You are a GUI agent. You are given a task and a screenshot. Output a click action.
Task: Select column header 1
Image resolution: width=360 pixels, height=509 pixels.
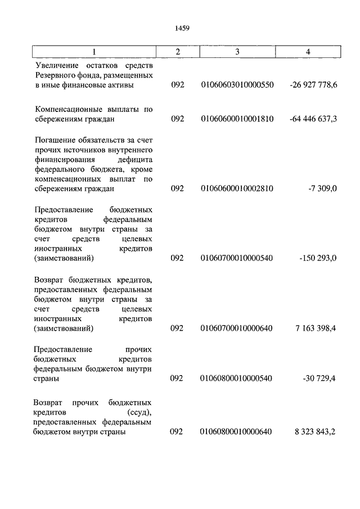pyautogui.click(x=94, y=52)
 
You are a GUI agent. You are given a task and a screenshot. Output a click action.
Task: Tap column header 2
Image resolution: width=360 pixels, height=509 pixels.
pyautogui.click(x=177, y=52)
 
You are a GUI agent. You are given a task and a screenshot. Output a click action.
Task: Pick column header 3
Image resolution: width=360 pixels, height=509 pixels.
pyautogui.click(x=237, y=52)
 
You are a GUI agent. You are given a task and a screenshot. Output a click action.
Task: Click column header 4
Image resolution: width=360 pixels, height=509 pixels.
pyautogui.click(x=308, y=52)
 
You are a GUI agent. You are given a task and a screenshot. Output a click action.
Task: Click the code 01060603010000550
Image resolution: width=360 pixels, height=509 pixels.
pyautogui.click(x=237, y=85)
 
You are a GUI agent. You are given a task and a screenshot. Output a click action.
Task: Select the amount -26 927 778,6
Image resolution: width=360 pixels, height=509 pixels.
pyautogui.click(x=313, y=85)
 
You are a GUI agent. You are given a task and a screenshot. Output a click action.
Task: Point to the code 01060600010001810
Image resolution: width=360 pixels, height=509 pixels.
pyautogui.click(x=237, y=119)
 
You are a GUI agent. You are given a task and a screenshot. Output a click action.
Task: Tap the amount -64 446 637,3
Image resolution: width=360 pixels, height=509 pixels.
pyautogui.click(x=313, y=119)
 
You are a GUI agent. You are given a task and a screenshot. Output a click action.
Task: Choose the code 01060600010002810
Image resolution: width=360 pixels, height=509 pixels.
pyautogui.click(x=237, y=188)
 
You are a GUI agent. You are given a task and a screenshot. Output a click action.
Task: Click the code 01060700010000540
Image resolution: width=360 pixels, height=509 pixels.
pyautogui.click(x=237, y=258)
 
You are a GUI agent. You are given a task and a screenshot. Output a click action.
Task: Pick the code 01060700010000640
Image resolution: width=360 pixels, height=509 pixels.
pyautogui.click(x=237, y=328)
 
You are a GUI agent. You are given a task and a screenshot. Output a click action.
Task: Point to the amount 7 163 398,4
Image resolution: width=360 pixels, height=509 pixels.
pyautogui.click(x=315, y=328)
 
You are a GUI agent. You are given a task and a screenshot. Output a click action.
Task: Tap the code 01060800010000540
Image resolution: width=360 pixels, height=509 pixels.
pyautogui.click(x=237, y=379)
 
